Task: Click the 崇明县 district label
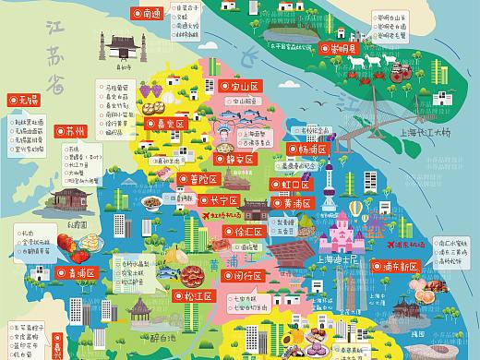(334, 49)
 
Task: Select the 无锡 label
(22, 99)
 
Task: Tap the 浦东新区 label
(397, 266)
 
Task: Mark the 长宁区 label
(221, 199)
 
